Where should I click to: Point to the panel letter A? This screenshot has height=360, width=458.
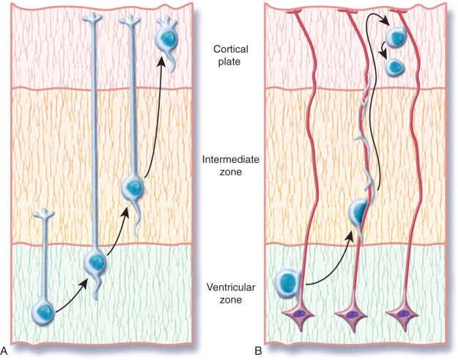pyautogui.click(x=6, y=351)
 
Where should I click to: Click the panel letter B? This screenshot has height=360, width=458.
pyautogui.click(x=258, y=351)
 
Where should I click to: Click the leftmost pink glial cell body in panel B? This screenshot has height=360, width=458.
pyautogui.click(x=300, y=315)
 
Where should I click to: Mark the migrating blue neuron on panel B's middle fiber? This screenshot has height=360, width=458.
pyautogui.click(x=358, y=213)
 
